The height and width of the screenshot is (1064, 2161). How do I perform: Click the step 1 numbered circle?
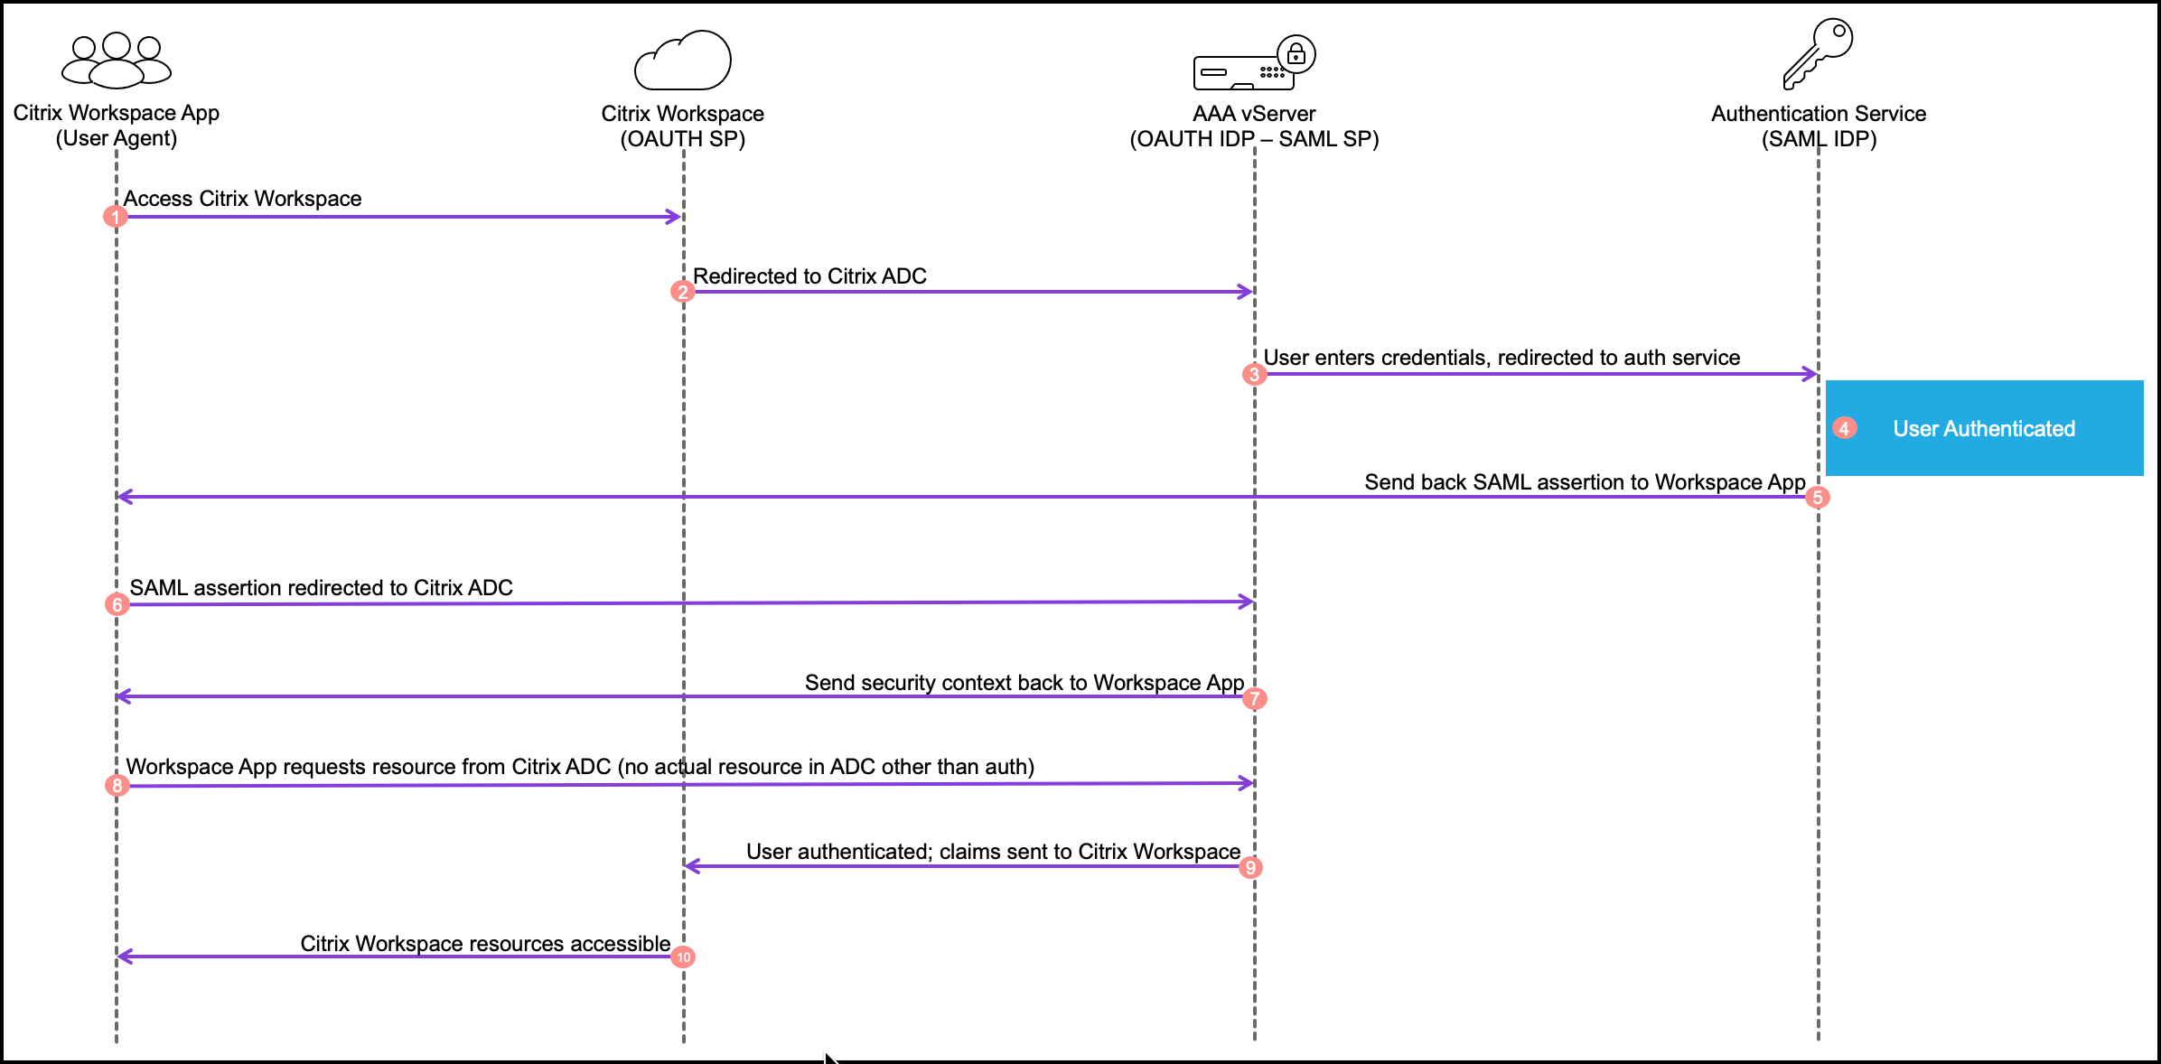coord(116,217)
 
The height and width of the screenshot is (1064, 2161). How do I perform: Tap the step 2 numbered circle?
coord(683,292)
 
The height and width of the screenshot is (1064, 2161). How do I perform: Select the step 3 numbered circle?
coord(1254,374)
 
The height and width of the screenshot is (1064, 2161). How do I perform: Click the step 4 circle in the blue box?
coord(1845,428)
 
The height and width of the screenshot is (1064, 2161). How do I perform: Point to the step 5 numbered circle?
coord(1818,498)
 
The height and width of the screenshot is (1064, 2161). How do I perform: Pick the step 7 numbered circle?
coord(1255,698)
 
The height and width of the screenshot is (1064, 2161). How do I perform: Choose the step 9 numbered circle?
coord(1250,868)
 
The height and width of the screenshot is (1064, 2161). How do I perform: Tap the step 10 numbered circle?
coord(683,957)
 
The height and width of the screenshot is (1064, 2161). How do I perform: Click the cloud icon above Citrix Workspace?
coord(683,61)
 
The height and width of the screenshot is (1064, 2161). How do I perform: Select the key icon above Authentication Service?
coord(1818,53)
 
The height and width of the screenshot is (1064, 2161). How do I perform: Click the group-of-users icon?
coord(117,61)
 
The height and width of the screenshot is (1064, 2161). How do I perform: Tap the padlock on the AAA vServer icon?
coord(1296,54)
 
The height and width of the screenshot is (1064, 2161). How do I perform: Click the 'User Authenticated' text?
coord(1984,429)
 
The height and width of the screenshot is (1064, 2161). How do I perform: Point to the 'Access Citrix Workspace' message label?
coord(242,199)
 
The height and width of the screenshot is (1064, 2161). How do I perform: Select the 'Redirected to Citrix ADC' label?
coord(809,276)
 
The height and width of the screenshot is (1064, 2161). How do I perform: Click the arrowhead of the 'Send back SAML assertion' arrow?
coord(125,497)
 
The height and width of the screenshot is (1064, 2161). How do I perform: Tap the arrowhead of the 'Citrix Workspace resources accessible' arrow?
coord(125,957)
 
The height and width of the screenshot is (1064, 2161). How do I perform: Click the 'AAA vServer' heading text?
coord(1254,114)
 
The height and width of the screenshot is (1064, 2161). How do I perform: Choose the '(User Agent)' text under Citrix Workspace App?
coord(117,138)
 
